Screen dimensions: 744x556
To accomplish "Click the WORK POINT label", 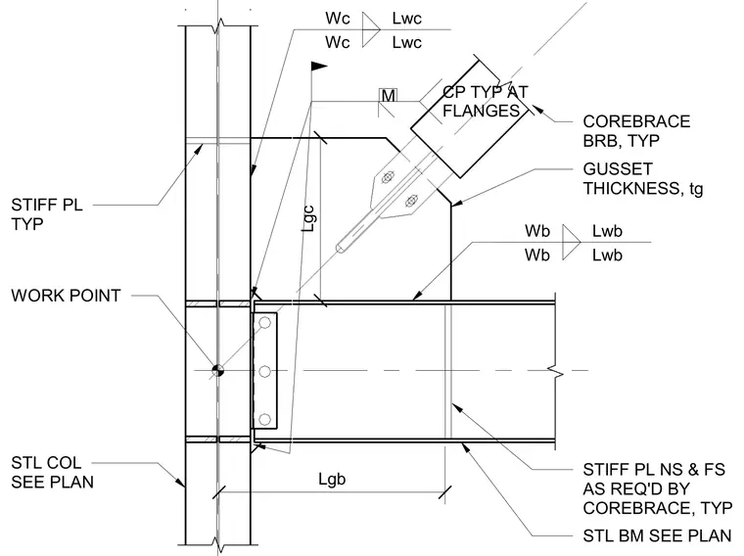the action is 66,296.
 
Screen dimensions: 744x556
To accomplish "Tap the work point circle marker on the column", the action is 217,371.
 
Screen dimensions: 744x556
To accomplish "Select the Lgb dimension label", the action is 332,479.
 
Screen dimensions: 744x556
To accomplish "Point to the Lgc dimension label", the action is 308,218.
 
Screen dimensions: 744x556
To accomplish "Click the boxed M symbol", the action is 388,95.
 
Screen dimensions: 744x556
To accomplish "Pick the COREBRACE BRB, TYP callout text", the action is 636,131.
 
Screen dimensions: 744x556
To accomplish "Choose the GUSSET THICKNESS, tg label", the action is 643,179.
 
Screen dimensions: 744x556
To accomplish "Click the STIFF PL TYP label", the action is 47,214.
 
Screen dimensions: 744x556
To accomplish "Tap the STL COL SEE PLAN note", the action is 52,473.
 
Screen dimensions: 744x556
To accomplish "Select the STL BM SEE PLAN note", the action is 657,536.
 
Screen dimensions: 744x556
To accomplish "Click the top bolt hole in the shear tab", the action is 264,323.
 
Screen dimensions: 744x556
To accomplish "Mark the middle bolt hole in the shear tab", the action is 264,371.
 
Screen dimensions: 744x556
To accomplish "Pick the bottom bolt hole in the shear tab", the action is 264,419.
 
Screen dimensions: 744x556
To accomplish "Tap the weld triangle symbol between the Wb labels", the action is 570,243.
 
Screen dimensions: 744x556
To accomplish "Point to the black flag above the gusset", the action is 319,66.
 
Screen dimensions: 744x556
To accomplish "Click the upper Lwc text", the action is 406,19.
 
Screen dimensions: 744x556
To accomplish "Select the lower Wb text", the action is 537,255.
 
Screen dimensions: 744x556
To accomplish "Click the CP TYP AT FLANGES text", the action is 485,101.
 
